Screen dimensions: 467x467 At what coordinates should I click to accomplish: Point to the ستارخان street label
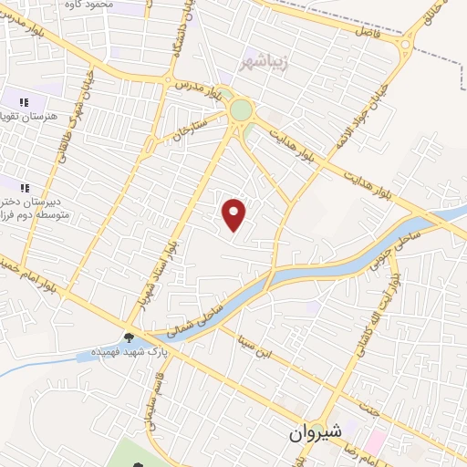click(189, 130)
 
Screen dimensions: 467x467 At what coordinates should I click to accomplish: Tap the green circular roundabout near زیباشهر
click(241, 110)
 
